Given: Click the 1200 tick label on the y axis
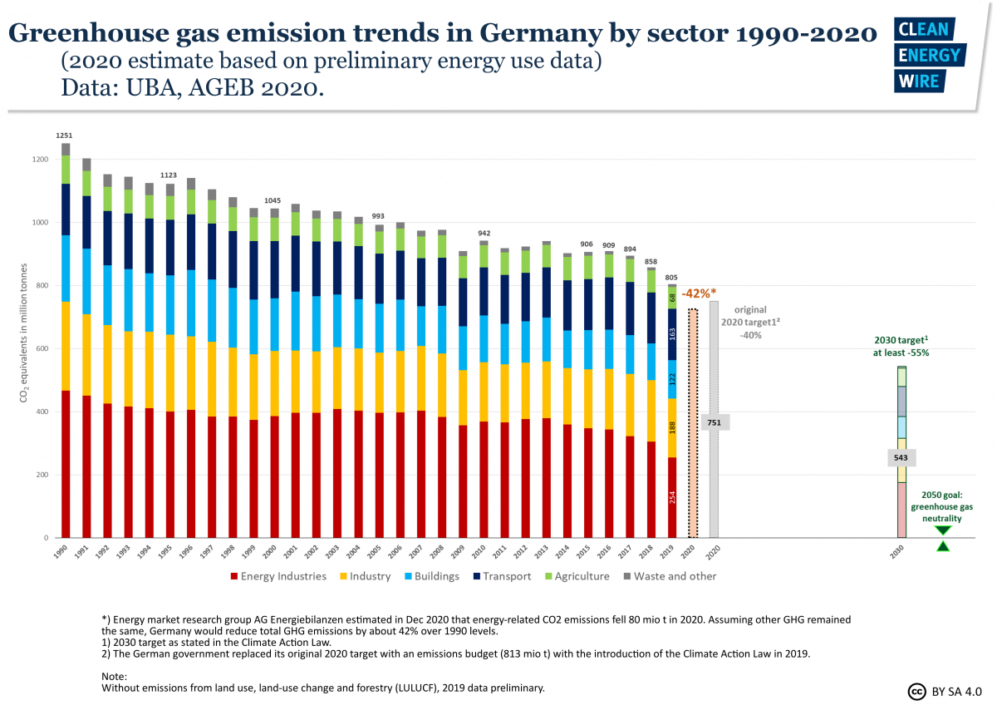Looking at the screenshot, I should tap(40, 160).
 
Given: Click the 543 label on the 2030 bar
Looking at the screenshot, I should tap(901, 458).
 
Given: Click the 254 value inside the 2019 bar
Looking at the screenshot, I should tap(672, 496).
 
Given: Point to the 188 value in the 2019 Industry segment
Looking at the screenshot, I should tap(672, 426).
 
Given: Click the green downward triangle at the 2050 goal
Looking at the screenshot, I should tap(942, 530).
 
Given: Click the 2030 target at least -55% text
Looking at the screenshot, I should tap(901, 346).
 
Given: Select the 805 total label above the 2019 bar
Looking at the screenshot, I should tap(672, 277).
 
